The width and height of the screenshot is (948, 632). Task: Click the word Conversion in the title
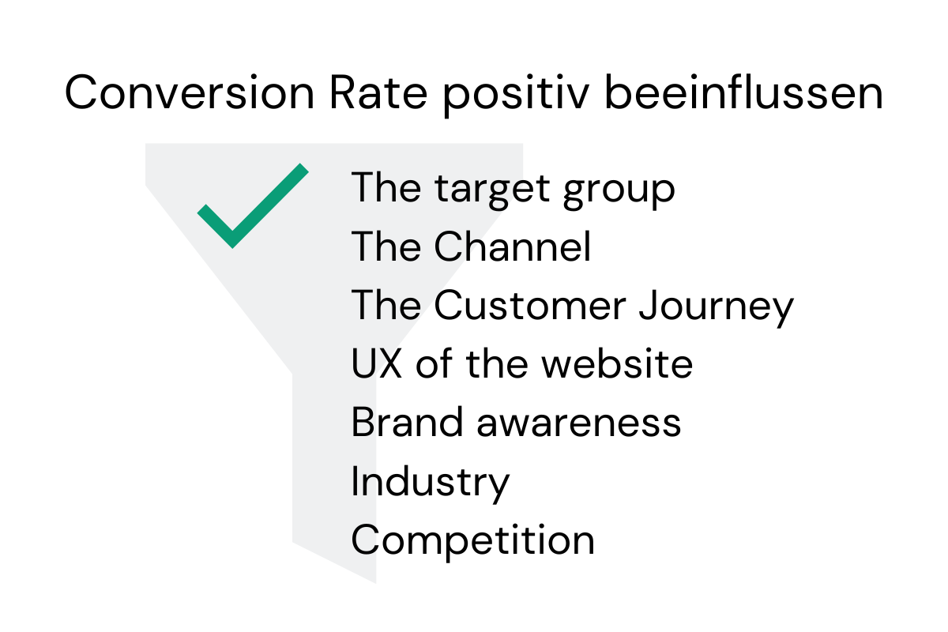coord(189,92)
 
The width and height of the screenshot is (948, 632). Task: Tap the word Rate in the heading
coord(378,92)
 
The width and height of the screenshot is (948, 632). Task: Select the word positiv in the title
coord(516,96)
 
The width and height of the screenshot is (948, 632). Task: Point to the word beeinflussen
coord(744,92)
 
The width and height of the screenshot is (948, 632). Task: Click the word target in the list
coord(492,190)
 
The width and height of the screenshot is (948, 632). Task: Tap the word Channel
coord(512,246)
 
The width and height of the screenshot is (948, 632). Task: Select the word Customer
coord(530,305)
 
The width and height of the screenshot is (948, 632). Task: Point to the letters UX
coord(376,363)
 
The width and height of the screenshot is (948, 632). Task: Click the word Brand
coord(407,422)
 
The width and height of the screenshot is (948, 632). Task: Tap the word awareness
coord(578,424)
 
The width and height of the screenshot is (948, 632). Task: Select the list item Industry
coord(430,483)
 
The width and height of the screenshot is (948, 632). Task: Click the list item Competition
coord(472,541)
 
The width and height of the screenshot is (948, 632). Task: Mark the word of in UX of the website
coord(434,363)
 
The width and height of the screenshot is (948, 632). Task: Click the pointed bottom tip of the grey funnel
coord(376,583)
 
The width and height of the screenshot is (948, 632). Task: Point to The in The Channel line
coord(386,246)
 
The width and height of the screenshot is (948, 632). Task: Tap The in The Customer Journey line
coord(386,305)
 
